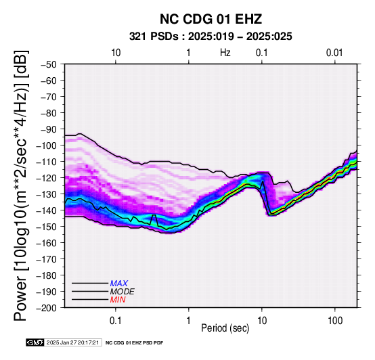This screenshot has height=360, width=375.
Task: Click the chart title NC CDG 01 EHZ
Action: (211, 19)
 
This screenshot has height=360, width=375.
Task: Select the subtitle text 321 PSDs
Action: (154, 37)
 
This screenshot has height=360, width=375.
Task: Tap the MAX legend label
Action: (118, 284)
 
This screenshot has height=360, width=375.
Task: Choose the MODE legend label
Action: (123, 292)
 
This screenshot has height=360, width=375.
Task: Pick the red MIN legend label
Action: (118, 300)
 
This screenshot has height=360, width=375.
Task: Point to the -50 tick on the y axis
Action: (48, 64)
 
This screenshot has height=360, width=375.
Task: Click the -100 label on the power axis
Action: (46, 145)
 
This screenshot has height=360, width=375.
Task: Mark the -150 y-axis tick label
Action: (46, 227)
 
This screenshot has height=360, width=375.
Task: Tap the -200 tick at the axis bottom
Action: (46, 308)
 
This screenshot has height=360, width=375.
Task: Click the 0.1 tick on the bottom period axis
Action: (116, 321)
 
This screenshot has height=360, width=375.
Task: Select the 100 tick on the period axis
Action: (335, 321)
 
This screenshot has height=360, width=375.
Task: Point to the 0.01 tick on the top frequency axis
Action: (334, 53)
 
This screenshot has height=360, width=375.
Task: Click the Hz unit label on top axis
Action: (225, 53)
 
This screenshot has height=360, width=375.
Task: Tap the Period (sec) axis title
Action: (225, 328)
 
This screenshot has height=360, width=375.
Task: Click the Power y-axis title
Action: (21, 185)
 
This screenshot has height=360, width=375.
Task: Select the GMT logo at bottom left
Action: (35, 342)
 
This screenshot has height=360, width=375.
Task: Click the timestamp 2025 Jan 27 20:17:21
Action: (72, 342)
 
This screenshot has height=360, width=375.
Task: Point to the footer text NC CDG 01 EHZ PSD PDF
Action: (135, 343)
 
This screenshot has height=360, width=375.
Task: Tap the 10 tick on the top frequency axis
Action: (116, 53)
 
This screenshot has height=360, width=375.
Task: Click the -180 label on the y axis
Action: (46, 275)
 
